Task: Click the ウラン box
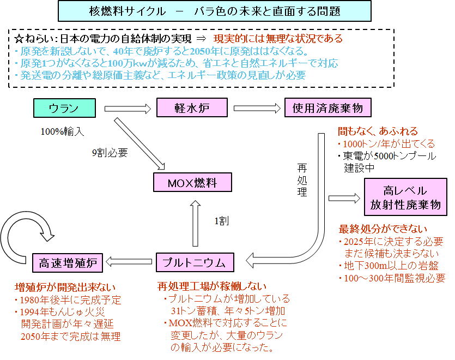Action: pyautogui.click(x=64, y=107)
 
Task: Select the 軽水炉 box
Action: pyautogui.click(x=191, y=107)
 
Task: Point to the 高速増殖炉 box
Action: pyautogui.click(x=68, y=263)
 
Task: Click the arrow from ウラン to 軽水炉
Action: pyautogui.click(x=127, y=108)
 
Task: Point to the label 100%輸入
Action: pyautogui.click(x=60, y=131)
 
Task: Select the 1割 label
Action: pyautogui.click(x=221, y=221)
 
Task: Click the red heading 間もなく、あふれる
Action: pyautogui.click(x=378, y=131)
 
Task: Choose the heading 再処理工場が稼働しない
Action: pyautogui.click(x=212, y=286)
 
